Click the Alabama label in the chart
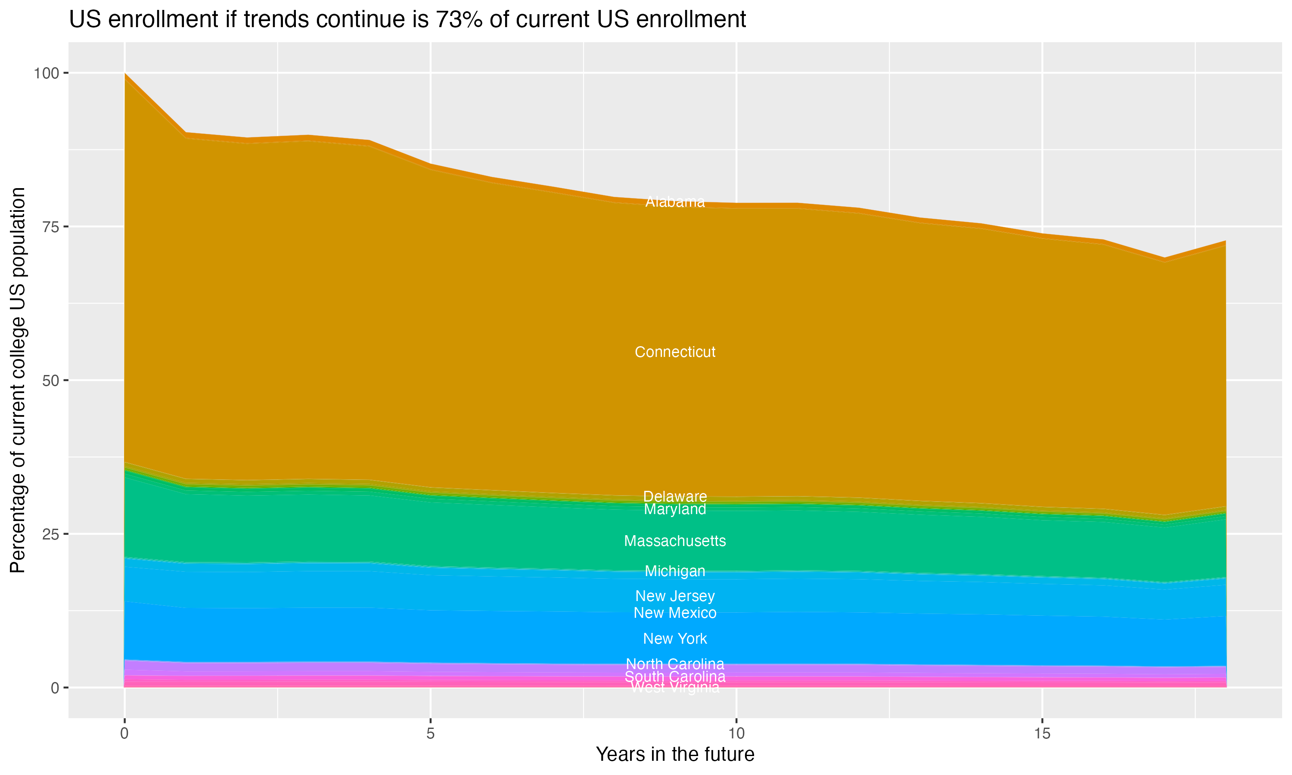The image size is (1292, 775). [x=675, y=201]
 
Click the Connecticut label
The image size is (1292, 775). [x=675, y=352]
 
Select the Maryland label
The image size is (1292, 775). [x=675, y=509]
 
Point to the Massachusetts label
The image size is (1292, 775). [x=675, y=541]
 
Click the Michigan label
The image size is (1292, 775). [x=675, y=571]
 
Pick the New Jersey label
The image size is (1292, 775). [x=675, y=596]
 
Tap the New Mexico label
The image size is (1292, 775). [x=675, y=613]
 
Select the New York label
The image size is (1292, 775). [x=675, y=638]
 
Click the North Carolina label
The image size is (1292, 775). [x=675, y=664]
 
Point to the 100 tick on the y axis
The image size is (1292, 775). [x=47, y=73]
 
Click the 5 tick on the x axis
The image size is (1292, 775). [x=430, y=734]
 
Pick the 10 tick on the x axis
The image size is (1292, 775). [x=736, y=734]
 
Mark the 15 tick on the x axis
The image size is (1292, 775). [x=1042, y=734]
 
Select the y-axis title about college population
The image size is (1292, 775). [x=18, y=380]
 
